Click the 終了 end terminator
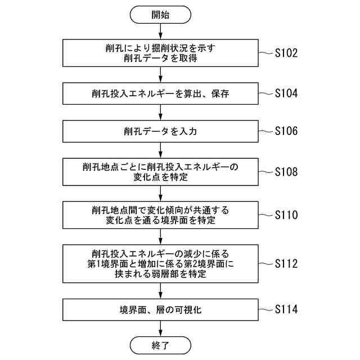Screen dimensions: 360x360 point(160,344)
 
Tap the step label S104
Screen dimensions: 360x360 point(290,93)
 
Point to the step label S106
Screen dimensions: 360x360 point(290,132)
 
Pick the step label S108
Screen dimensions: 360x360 point(290,172)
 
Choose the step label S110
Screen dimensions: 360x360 point(290,215)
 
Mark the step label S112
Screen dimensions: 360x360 point(290,264)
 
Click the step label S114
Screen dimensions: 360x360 point(290,309)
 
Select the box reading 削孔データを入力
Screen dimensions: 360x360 point(160,132)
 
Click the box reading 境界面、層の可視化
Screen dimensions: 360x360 point(160,310)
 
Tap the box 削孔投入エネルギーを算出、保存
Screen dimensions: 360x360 point(160,93)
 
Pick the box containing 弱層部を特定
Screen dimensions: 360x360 point(160,264)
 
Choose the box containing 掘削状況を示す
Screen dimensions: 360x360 point(160,53)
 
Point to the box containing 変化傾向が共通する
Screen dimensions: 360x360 point(160,215)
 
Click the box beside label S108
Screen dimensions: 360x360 point(160,172)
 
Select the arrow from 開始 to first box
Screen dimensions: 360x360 point(160,31)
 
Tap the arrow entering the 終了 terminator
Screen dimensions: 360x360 point(160,328)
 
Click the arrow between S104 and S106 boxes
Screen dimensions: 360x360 point(160,112)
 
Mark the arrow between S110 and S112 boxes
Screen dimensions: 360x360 point(160,236)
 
